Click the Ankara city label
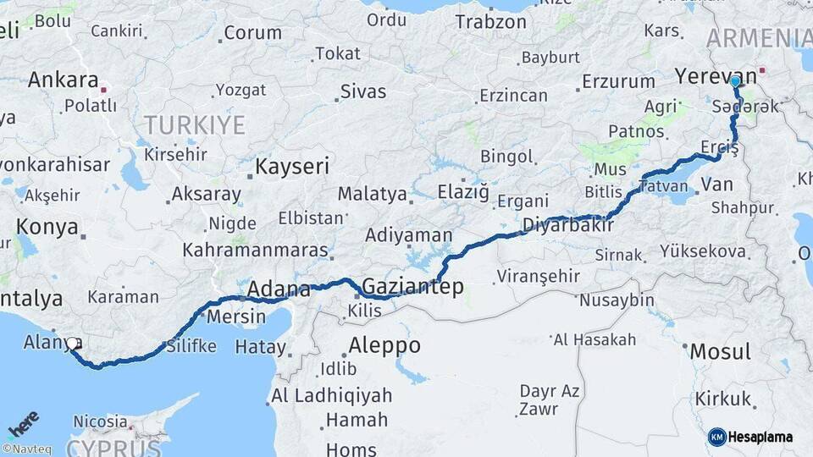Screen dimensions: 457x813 click(x=63, y=80)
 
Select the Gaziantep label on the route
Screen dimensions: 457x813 click(x=412, y=286)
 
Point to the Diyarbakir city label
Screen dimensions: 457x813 click(x=567, y=225)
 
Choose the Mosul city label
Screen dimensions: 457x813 click(x=720, y=351)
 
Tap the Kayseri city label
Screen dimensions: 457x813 click(x=292, y=166)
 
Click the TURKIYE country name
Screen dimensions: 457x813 click(x=194, y=126)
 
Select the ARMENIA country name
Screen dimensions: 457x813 click(x=759, y=38)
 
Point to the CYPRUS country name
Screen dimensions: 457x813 click(x=113, y=447)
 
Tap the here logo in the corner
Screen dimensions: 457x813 click(x=23, y=423)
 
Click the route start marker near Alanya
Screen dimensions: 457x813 click(x=74, y=344)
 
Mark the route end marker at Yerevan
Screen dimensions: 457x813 click(x=736, y=81)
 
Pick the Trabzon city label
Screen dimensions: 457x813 click(x=490, y=22)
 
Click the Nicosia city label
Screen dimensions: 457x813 click(x=99, y=421)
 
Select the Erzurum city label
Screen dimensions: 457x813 click(x=618, y=82)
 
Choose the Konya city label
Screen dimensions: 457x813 click(x=47, y=227)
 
